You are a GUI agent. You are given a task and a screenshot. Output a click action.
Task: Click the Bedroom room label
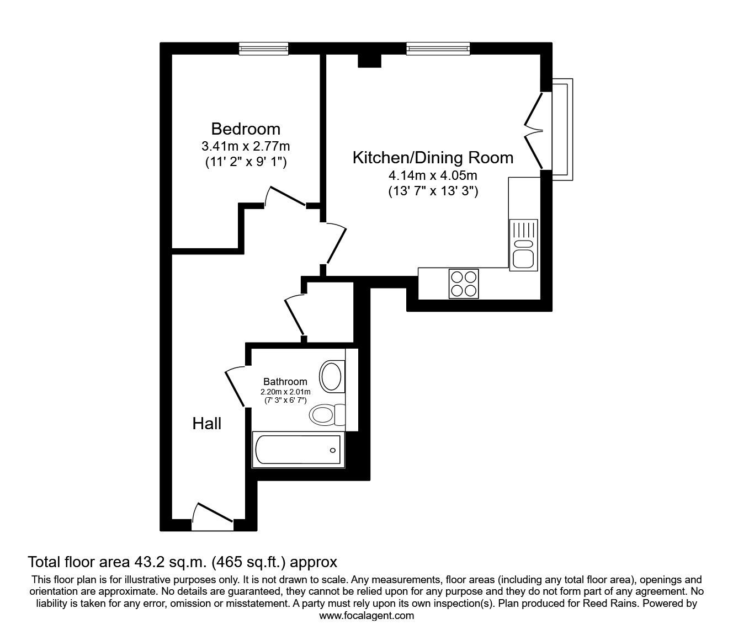click(246, 129)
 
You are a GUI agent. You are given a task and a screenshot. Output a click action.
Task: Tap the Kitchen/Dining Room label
click(433, 158)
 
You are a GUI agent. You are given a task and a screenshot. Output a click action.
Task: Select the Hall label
click(207, 424)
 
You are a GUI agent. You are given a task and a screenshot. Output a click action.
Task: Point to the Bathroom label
click(285, 381)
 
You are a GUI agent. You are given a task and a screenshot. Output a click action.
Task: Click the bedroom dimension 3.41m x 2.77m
click(246, 146)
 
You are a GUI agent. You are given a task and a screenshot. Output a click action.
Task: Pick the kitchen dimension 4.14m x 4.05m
click(433, 175)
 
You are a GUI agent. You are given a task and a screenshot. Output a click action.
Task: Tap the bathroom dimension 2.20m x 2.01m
click(285, 392)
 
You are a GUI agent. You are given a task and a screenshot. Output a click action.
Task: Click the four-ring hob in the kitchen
click(464, 284)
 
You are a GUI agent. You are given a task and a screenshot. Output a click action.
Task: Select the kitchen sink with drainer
click(523, 245)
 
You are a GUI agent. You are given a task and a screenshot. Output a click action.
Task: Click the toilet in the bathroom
click(327, 415)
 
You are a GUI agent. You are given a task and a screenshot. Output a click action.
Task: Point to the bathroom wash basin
click(332, 377)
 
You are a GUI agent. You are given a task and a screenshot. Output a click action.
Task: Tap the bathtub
click(298, 450)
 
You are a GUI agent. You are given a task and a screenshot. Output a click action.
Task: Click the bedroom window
click(263, 49)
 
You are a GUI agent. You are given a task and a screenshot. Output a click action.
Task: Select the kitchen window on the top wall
click(438, 49)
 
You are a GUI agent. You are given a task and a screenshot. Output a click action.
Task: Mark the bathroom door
click(235, 387)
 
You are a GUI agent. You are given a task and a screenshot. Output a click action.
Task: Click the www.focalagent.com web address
click(366, 616)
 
